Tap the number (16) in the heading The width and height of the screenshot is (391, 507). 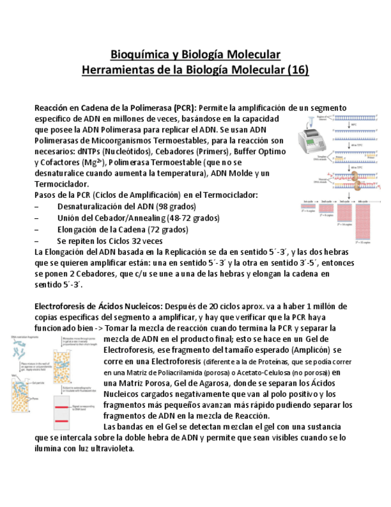(298, 70)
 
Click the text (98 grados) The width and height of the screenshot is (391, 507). (167, 206)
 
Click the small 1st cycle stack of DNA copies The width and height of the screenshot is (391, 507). (309, 209)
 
